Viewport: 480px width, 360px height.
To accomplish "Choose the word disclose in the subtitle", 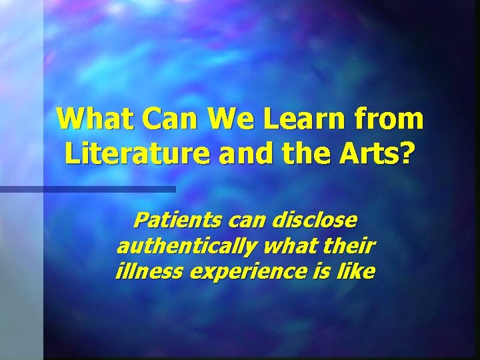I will (x=313, y=219).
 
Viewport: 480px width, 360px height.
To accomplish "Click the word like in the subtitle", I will (x=357, y=272).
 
